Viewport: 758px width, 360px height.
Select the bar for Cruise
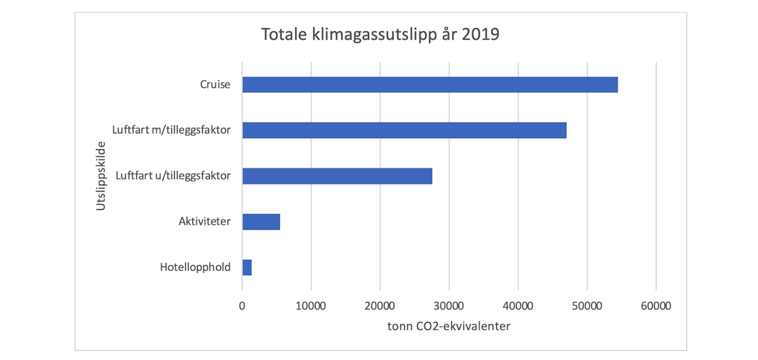pos(430,85)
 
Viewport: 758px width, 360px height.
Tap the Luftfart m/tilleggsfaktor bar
pos(404,131)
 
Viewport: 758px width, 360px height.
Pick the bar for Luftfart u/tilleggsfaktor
pos(337,176)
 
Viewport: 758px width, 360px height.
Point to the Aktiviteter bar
pos(261,222)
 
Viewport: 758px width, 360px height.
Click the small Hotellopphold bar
pos(247,267)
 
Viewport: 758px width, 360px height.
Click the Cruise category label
pos(215,85)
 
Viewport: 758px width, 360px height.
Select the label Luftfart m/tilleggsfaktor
pos(171,131)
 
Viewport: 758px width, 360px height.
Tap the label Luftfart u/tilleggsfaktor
pos(173,176)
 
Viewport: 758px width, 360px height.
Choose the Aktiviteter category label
pos(204,222)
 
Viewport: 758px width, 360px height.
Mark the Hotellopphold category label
pos(195,267)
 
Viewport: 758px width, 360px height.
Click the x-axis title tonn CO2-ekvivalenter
pos(448,326)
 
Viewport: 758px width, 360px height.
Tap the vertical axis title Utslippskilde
pos(100,176)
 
